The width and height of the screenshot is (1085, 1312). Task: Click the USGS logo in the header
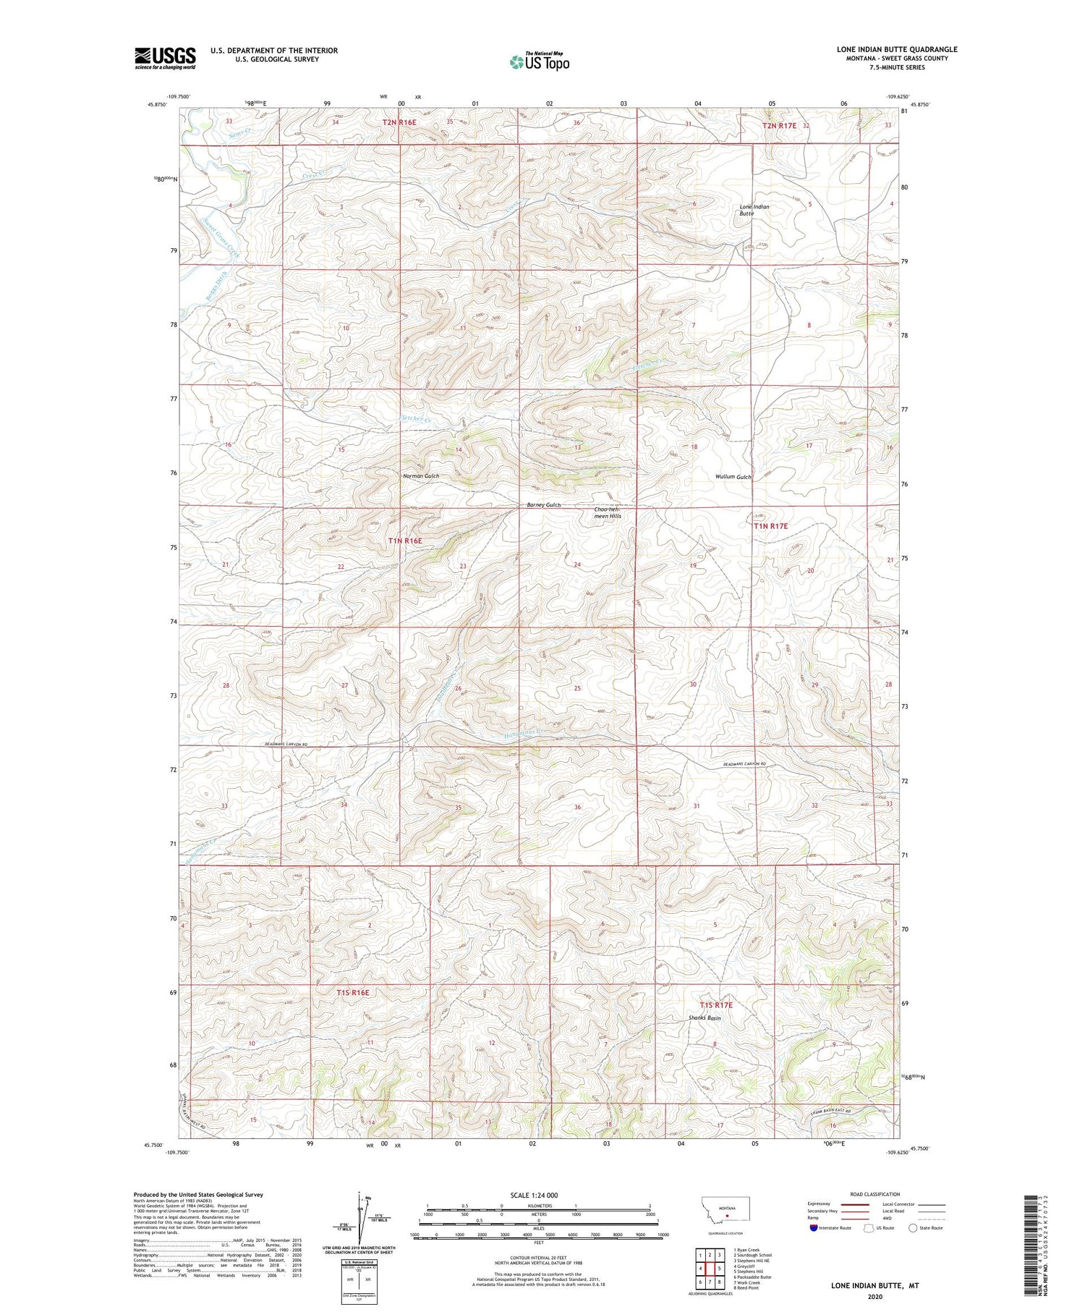[x=165, y=58]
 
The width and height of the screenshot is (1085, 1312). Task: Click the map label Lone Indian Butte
[x=754, y=211]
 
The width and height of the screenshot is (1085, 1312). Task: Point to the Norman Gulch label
[x=421, y=476]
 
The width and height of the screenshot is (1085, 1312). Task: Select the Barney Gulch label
[x=543, y=505]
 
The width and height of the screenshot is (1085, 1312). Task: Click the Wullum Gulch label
[x=733, y=477]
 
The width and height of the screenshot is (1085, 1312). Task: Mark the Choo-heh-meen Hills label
[x=607, y=512]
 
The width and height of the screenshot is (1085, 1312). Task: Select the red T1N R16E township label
[x=404, y=541]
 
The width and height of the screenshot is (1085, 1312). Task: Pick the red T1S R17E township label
[x=715, y=1005]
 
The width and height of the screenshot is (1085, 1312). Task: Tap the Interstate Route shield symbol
[x=814, y=1228]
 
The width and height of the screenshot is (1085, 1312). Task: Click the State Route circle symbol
[x=913, y=1228]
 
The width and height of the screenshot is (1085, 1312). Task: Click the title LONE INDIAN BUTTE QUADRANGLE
[x=896, y=49]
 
